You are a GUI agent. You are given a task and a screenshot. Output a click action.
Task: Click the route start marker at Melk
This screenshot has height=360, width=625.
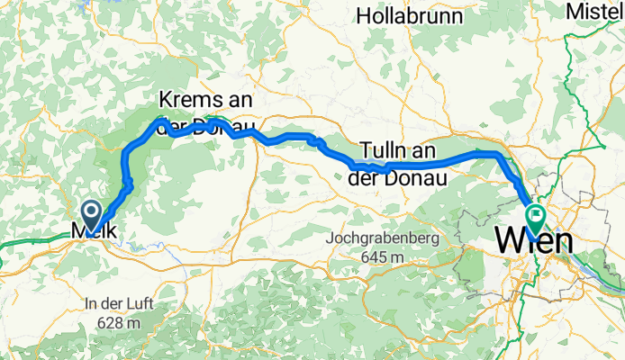92,212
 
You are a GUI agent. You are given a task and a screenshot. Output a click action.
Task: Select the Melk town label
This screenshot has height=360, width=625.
93,233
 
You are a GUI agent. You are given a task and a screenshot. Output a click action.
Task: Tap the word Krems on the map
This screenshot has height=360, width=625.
192,99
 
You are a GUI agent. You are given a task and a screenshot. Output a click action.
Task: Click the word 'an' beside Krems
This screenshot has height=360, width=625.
239,99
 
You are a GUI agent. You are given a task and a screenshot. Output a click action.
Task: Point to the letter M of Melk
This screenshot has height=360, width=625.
78,233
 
